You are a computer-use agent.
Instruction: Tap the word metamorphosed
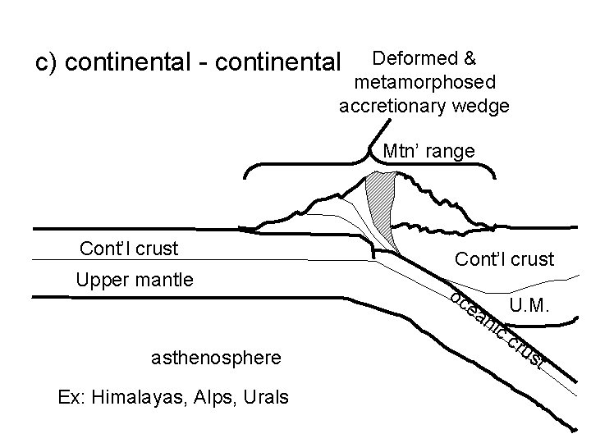(424, 82)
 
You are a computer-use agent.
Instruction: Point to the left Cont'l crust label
(129, 248)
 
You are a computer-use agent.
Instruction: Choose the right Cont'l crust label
(504, 260)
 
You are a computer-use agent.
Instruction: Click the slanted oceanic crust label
(496, 328)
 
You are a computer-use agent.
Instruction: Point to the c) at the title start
(45, 62)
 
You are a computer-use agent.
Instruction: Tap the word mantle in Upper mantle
(163, 280)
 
